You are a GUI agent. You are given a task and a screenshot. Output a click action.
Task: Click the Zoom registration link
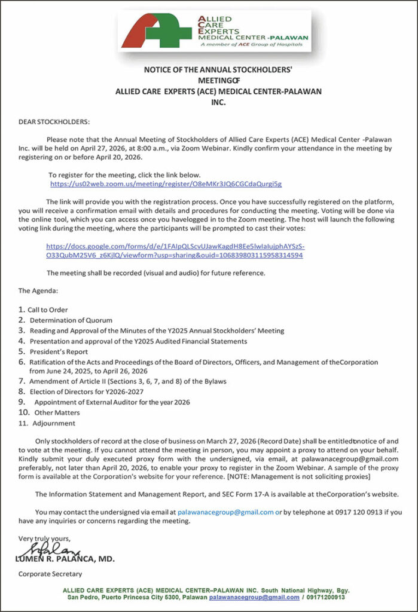pyautogui.click(x=166, y=185)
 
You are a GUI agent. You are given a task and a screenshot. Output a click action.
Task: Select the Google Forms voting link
pyautogui.click(x=175, y=250)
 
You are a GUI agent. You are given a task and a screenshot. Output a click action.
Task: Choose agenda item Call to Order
pyautogui.click(x=48, y=310)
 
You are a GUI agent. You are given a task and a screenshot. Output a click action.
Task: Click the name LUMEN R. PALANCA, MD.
pyautogui.click(x=66, y=559)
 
